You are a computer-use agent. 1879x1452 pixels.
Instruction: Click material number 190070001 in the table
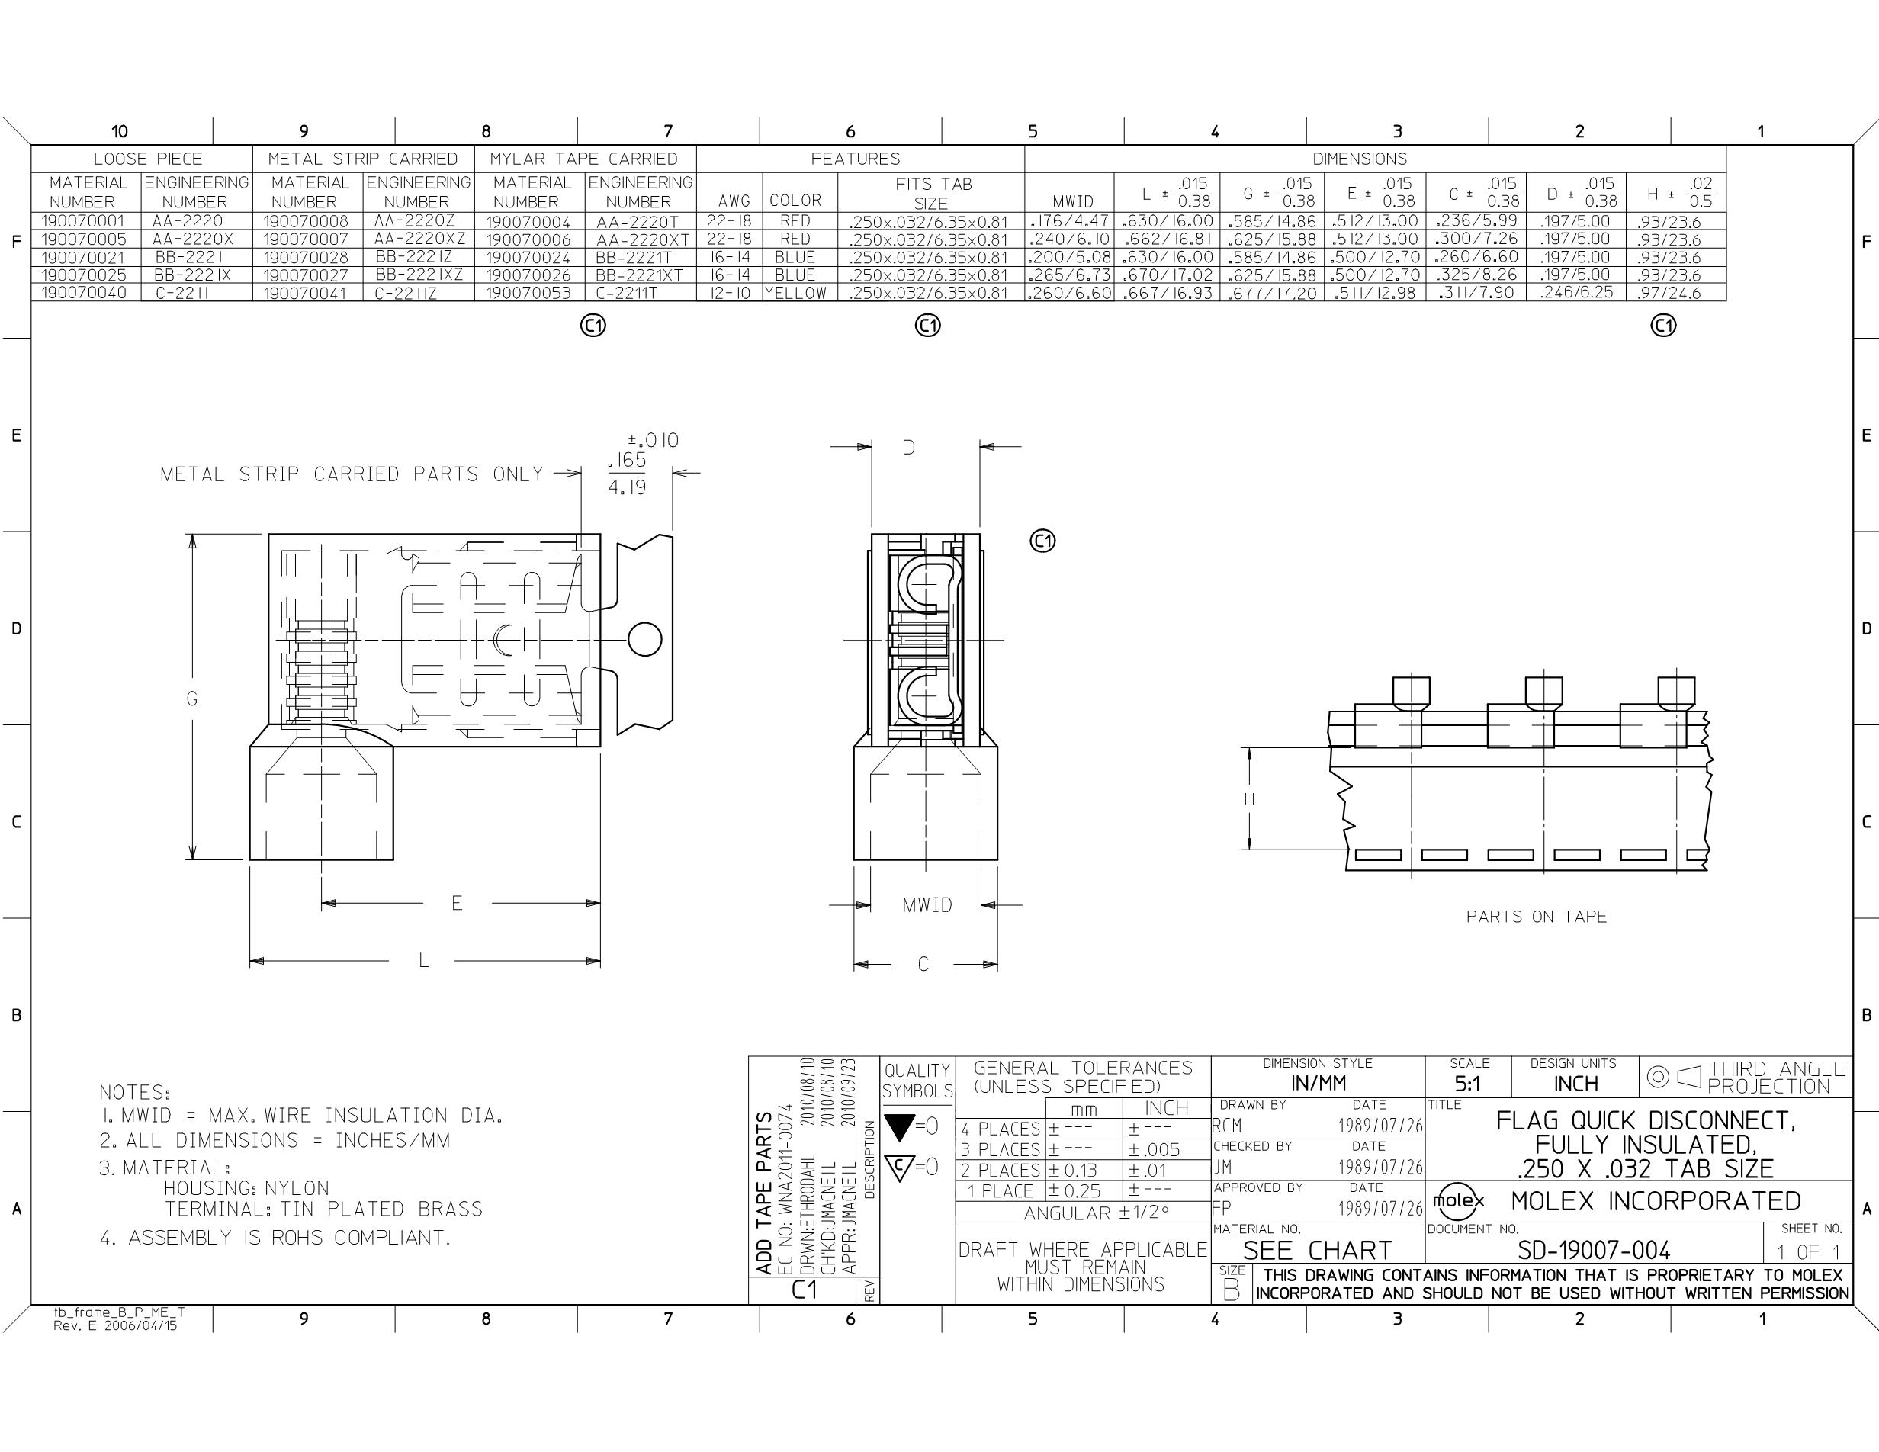coord(82,221)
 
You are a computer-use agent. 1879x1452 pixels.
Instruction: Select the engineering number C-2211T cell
coord(626,293)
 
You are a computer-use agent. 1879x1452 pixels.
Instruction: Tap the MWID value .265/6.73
coord(1070,275)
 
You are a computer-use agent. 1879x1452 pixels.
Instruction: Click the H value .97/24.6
coord(1669,293)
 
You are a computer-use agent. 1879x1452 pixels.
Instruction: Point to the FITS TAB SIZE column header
coord(933,194)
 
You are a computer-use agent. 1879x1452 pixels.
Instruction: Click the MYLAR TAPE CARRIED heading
coord(584,159)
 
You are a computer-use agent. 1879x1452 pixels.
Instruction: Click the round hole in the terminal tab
coord(645,640)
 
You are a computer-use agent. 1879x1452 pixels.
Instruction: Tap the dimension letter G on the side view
coord(192,699)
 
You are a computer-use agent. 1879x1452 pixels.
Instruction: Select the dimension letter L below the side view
coord(423,960)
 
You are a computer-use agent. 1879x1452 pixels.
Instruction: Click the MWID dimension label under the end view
coord(927,905)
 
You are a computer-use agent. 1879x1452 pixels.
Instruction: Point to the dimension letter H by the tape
coord(1249,799)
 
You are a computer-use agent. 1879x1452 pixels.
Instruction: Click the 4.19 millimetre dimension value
coord(627,487)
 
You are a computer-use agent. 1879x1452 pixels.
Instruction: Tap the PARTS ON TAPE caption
coord(1537,917)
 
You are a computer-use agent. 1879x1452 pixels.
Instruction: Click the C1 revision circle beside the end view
coord(1042,541)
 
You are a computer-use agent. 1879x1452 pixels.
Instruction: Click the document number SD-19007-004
coord(1593,1250)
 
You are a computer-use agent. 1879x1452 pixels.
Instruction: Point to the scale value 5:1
coord(1468,1084)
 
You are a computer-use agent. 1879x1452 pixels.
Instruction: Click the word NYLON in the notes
coord(297,1188)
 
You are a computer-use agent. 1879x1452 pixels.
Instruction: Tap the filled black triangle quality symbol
coord(899,1126)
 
